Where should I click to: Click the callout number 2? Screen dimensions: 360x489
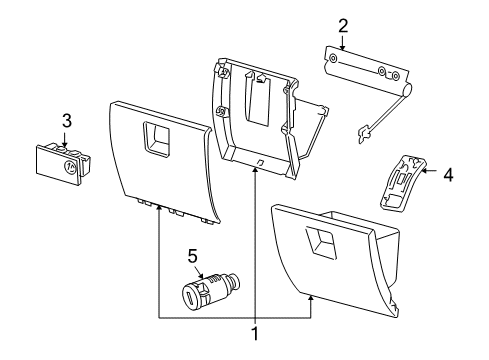point(343,24)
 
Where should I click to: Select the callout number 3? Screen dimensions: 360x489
point(67,122)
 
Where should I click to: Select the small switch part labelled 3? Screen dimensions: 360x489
point(61,161)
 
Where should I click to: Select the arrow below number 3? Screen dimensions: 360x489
point(67,139)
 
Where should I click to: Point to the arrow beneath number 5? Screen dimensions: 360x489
point(197,271)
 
